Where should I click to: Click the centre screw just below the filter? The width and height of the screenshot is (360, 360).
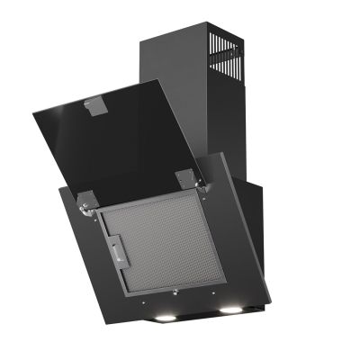point(177,292)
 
